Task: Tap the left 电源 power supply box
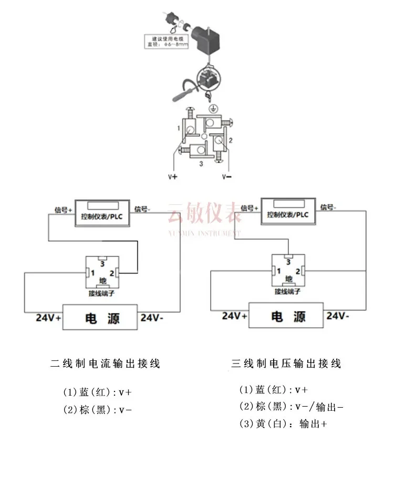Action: pos(100,317)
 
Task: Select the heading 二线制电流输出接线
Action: pos(105,363)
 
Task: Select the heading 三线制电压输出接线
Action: pos(286,363)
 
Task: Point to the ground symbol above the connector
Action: pos(213,108)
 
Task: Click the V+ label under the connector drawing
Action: pos(173,177)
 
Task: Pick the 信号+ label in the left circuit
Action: pos(63,209)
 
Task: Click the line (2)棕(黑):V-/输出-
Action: pos(291,406)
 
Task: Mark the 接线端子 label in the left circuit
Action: pos(102,294)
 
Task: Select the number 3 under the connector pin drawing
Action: pos(201,164)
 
